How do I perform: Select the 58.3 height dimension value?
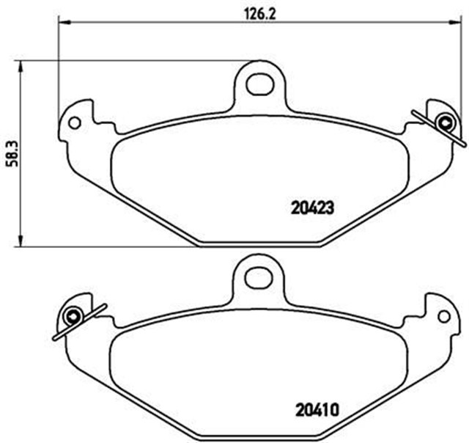(x=11, y=154)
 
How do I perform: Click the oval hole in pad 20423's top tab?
(x=259, y=84)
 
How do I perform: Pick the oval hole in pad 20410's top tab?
(x=258, y=277)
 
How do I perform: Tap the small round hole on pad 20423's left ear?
(x=74, y=122)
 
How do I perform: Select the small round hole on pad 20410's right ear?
(x=443, y=316)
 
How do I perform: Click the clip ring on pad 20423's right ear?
(x=443, y=122)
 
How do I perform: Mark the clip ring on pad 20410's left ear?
(x=73, y=317)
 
